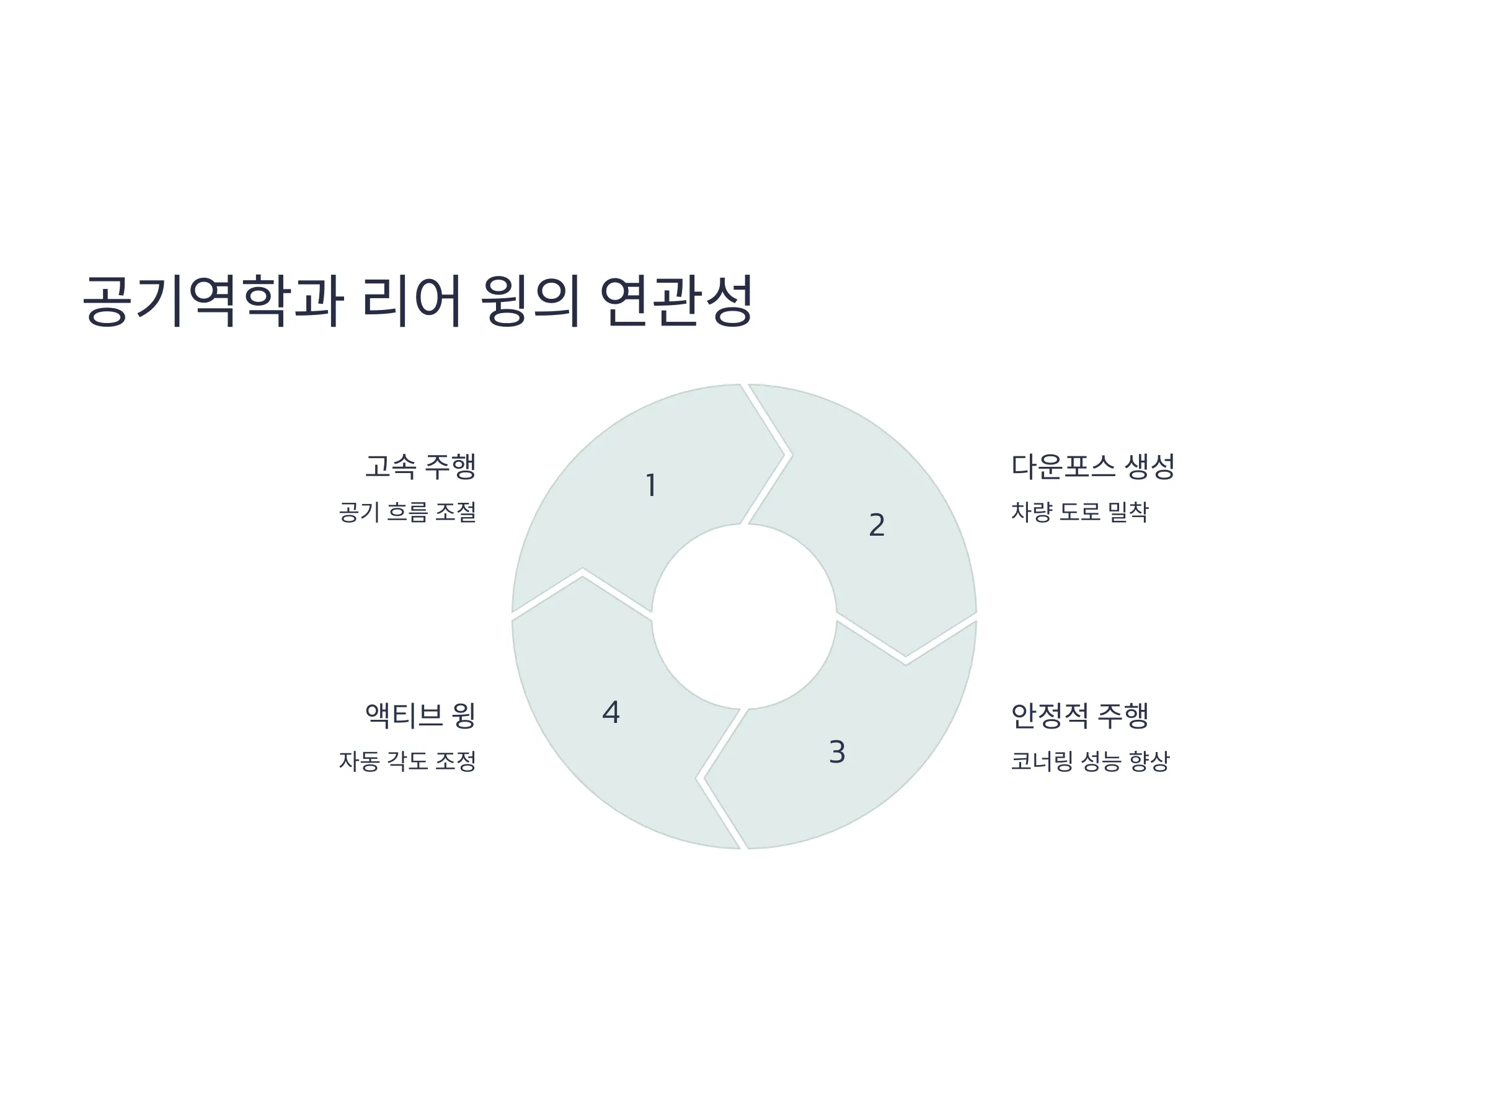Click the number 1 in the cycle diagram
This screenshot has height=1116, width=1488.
(650, 485)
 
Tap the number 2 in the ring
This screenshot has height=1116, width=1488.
(877, 525)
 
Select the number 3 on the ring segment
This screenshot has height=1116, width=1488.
(837, 751)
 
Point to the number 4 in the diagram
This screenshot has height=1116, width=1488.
(611, 712)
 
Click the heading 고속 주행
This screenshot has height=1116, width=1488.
(420, 466)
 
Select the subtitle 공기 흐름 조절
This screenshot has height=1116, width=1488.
(408, 512)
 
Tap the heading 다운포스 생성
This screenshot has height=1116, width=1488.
(1093, 466)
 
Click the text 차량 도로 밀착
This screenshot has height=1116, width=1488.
(1079, 512)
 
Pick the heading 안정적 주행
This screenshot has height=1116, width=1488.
(1079, 715)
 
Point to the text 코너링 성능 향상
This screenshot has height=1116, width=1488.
(1091, 761)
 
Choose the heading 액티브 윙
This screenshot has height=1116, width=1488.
(420, 715)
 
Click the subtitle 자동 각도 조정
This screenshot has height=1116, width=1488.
(408, 761)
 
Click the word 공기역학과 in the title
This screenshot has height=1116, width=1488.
(213, 300)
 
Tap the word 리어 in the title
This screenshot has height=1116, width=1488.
(412, 300)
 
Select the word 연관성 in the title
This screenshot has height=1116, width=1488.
(675, 300)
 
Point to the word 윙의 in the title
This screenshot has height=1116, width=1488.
(531, 300)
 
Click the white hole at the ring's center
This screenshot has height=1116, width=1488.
(744, 616)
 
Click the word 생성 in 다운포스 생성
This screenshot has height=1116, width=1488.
(1149, 466)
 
